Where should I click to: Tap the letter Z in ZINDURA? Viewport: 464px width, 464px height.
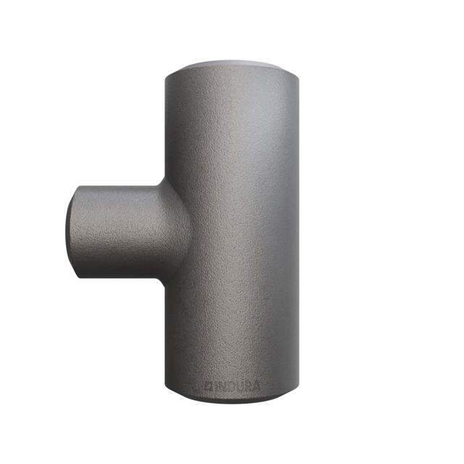point(211,386)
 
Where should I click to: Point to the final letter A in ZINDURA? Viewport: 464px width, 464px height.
point(256,386)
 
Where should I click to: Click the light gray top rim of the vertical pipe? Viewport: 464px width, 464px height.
point(231,67)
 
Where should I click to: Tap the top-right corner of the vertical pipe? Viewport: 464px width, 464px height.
point(297,72)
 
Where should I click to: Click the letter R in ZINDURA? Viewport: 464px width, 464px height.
point(248,386)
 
